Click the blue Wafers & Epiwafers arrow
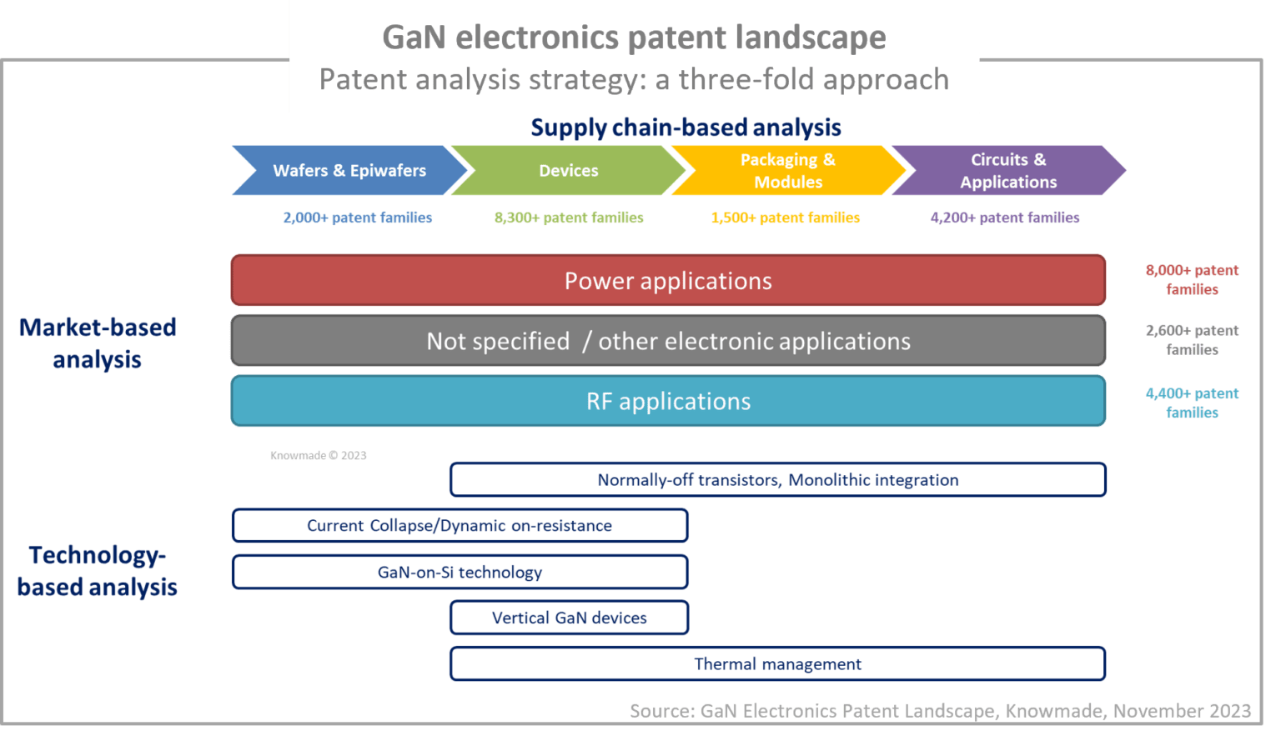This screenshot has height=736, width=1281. click(x=349, y=171)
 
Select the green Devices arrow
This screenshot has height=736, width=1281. click(x=568, y=171)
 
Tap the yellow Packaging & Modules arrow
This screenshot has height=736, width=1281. click(x=787, y=171)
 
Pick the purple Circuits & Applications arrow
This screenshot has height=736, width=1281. click(x=1007, y=171)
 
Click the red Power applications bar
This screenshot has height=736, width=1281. click(x=668, y=281)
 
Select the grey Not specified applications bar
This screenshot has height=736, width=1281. click(x=668, y=341)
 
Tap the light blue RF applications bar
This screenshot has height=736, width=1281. click(x=668, y=401)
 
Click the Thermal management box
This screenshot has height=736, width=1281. click(x=777, y=664)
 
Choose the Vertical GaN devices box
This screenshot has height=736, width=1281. click(x=569, y=618)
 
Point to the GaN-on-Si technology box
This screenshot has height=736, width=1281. click(x=460, y=572)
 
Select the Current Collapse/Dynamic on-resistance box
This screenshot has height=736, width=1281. click(x=460, y=526)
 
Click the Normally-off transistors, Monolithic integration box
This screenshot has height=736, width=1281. click(x=777, y=480)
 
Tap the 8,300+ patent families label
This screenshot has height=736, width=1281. click(x=569, y=218)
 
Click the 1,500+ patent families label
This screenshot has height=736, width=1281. click(x=785, y=218)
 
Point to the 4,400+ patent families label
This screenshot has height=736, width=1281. click(x=1192, y=403)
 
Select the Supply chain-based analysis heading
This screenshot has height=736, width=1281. click(x=686, y=128)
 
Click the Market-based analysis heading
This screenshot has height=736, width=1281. click(x=98, y=343)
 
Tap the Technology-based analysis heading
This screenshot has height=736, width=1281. click(x=98, y=571)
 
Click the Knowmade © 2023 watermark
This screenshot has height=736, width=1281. click(x=318, y=455)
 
